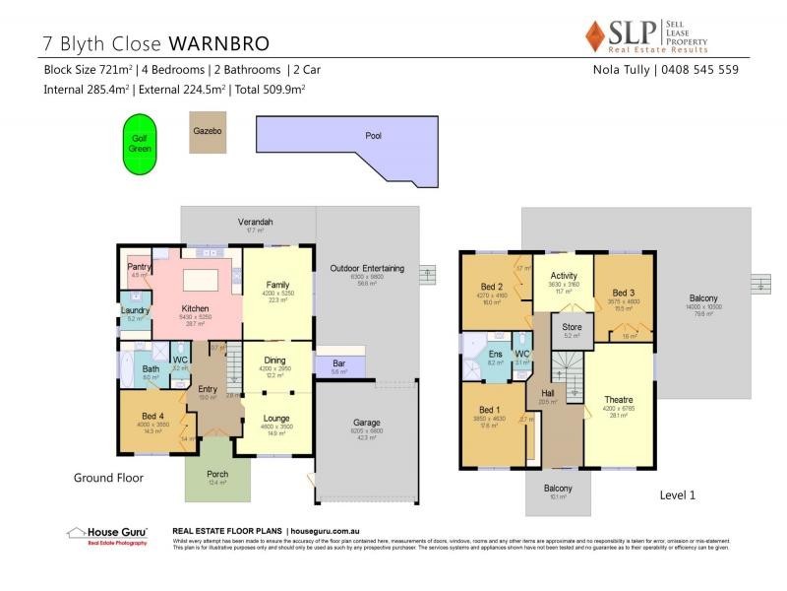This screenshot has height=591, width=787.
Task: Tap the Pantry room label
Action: (x=139, y=267)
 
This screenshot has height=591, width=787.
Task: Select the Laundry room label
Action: (x=135, y=310)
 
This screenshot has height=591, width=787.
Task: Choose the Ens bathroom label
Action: (x=495, y=354)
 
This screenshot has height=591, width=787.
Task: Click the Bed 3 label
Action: (x=623, y=293)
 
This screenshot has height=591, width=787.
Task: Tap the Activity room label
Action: (x=564, y=276)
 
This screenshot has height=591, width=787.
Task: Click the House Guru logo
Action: (x=107, y=535)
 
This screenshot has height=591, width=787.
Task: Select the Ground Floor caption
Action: (x=109, y=478)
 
